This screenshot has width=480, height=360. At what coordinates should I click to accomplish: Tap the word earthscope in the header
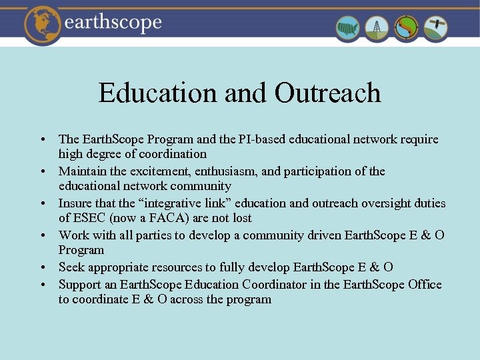pyautogui.click(x=113, y=23)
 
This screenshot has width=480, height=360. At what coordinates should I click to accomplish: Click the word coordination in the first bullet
pyautogui.click(x=175, y=154)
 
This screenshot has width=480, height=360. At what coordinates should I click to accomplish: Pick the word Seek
pyautogui.click(x=71, y=267)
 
